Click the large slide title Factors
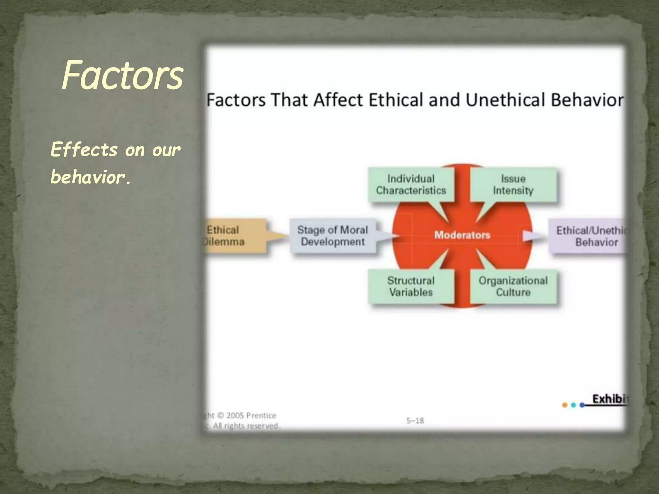tap(122, 76)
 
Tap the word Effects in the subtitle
tap(84, 150)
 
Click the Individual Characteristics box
tap(411, 185)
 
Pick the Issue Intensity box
tap(513, 185)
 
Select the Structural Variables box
tap(411, 286)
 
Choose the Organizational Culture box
tap(513, 286)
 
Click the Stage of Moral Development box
tap(332, 236)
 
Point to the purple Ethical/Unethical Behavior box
tap(589, 236)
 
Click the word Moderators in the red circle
tap(462, 235)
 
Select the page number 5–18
tap(415, 421)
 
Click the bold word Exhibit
tap(609, 399)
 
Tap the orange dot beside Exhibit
tap(564, 405)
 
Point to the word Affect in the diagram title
tap(338, 100)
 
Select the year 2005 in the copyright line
tap(235, 416)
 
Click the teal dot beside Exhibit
tap(573, 405)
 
